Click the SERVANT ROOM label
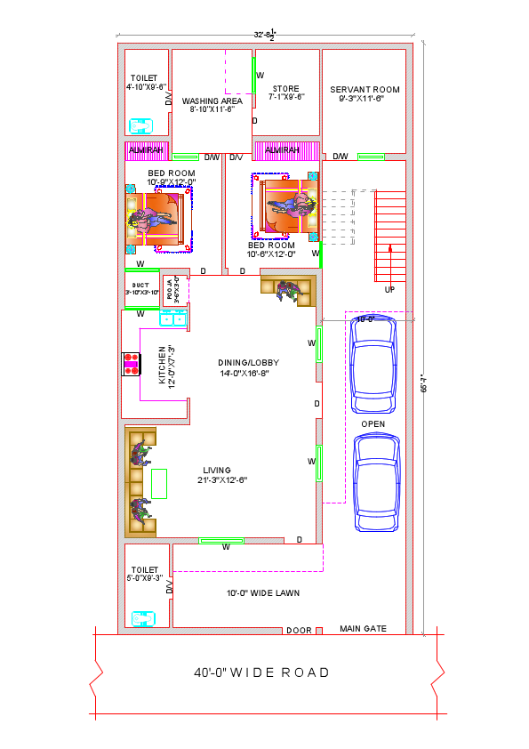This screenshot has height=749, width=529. tap(365, 89)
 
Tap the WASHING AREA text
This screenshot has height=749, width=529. tap(212, 101)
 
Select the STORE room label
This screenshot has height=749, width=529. tap(285, 89)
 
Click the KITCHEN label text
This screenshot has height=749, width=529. tap(163, 365)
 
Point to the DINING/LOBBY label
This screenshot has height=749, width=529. tap(245, 363)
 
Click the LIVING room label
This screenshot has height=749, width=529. tap(217, 470)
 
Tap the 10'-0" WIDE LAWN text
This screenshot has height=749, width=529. tap(262, 592)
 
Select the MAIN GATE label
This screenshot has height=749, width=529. tap(363, 629)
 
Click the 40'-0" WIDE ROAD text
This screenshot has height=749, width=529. tap(261, 672)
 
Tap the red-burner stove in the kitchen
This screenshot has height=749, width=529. tap(132, 365)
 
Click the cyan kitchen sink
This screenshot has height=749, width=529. tap(172, 318)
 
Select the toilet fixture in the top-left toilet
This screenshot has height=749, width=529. tap(140, 125)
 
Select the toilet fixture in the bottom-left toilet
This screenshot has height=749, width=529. tap(142, 618)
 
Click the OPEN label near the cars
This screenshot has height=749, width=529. tap(373, 424)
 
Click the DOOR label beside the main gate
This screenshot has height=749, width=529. tap(299, 631)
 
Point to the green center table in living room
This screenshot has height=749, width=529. tap(159, 483)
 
